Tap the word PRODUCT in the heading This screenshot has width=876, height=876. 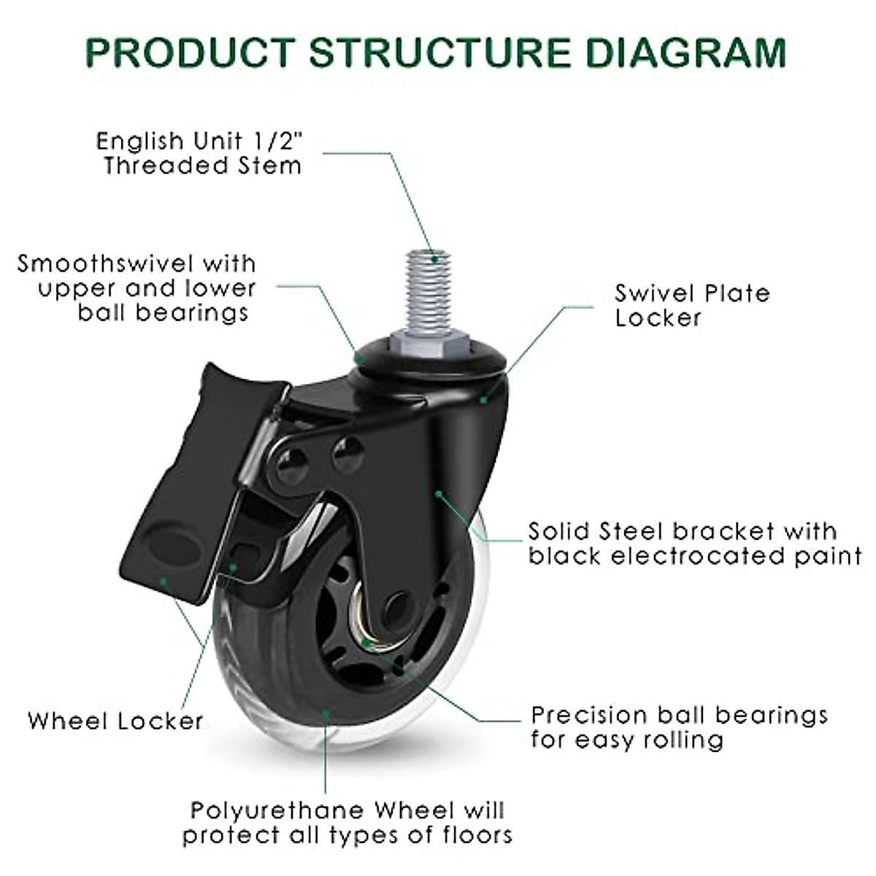189,53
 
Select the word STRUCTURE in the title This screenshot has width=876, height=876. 439,53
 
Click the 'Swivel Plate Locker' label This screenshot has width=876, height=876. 691,305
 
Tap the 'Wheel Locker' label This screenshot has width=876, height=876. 115,721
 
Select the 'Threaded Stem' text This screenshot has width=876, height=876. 202,166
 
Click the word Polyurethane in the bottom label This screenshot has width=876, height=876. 277,810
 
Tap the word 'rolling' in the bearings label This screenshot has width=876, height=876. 683,740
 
